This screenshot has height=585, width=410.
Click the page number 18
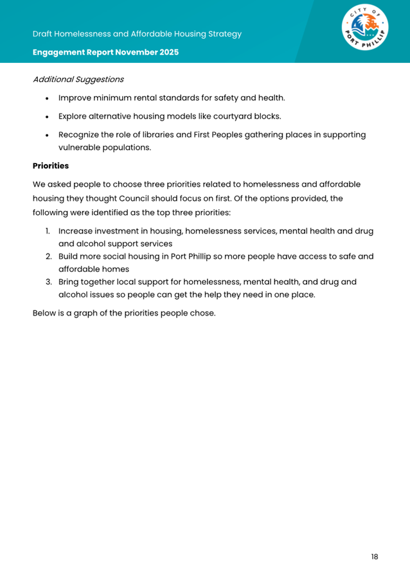374,556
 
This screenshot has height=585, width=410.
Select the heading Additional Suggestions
78,80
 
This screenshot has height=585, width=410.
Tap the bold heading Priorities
50,165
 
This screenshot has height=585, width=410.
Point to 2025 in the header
168,52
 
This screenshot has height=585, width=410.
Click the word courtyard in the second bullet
218,116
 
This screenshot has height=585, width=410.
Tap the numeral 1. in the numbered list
48,231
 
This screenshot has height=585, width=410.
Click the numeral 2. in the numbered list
48,257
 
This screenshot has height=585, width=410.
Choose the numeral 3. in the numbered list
48,282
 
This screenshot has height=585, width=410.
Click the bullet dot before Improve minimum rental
47,98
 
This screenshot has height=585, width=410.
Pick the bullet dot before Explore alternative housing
47,117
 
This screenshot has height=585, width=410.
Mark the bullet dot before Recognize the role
47,135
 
